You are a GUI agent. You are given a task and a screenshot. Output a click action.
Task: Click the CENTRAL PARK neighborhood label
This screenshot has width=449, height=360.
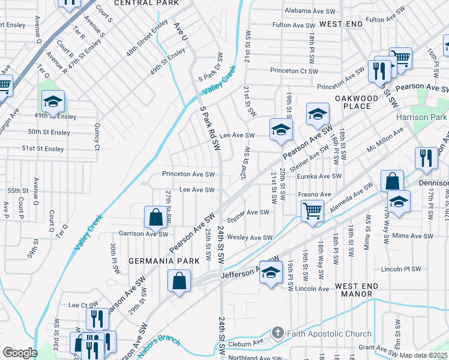146,3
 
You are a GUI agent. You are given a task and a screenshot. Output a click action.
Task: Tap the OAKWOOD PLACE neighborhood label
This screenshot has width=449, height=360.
357,102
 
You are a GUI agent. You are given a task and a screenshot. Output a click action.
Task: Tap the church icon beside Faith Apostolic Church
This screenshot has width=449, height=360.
277,332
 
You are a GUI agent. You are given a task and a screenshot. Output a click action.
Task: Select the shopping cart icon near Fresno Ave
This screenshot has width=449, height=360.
313,211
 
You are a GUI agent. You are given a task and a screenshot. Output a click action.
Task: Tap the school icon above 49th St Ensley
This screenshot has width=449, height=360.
53,101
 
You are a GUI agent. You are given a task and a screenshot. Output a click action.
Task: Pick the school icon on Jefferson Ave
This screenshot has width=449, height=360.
271,272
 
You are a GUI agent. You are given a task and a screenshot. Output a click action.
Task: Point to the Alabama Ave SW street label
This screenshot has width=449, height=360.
310,11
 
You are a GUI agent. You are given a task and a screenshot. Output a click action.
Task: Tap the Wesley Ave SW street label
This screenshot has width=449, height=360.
250,238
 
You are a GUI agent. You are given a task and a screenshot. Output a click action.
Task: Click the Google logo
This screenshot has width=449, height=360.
19,353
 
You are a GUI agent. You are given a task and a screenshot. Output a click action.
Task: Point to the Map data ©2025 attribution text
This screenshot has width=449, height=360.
424,355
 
